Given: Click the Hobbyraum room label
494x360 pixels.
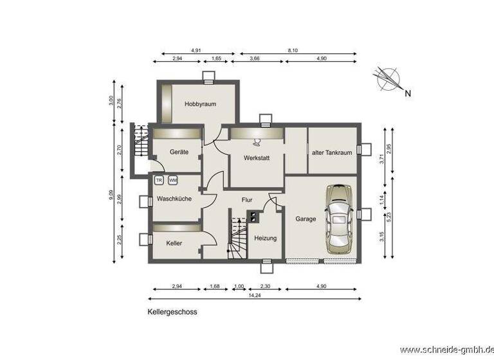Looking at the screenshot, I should [x=199, y=104].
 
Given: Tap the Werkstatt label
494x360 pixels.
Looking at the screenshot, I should [x=255, y=157].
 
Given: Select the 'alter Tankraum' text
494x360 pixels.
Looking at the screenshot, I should [x=331, y=152].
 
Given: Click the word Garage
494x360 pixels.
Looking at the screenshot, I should [x=306, y=219].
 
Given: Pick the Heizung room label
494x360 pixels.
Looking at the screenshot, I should [x=265, y=238].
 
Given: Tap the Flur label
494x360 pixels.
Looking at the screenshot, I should [x=246, y=200].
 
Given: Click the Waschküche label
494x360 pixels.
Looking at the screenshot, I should [x=174, y=199].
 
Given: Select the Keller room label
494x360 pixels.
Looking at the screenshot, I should [x=174, y=244].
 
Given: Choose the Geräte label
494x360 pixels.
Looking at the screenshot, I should [x=179, y=152].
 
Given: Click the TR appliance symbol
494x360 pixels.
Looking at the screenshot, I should [x=159, y=181].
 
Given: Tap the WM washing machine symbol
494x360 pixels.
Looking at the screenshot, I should [x=172, y=181].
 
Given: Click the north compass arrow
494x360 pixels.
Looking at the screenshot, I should [x=390, y=79].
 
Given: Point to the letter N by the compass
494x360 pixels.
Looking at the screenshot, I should [x=408, y=94].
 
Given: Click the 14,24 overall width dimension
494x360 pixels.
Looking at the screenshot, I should [x=255, y=297].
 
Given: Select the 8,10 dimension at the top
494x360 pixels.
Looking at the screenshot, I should [x=293, y=50].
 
